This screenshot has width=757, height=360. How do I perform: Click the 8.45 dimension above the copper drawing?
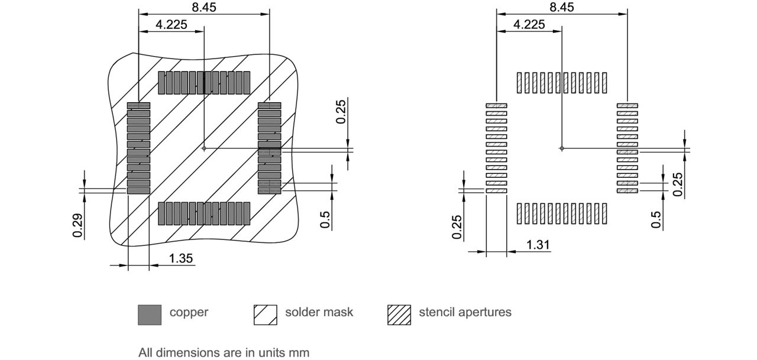point(203,7)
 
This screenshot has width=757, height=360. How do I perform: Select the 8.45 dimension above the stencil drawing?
point(561,7)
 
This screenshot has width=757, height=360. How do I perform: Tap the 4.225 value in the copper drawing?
point(171,24)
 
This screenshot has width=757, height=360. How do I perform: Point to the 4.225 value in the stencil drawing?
point(529,24)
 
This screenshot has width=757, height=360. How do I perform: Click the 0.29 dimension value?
point(77,225)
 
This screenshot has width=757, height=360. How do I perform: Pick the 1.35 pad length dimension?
point(181,258)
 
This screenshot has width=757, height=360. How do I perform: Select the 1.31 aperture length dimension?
point(538,244)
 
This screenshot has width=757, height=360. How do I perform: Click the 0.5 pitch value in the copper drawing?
point(325,217)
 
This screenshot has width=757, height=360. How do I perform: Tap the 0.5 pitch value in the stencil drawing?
point(656,219)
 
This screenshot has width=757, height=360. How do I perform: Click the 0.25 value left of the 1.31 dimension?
point(457,227)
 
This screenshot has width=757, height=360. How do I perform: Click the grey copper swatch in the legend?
point(149,314)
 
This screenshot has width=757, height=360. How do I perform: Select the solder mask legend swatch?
point(265,314)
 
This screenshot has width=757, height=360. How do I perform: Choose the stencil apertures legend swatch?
point(399,314)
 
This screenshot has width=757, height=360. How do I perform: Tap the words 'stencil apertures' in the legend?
point(465,312)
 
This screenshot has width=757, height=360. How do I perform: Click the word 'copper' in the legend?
point(189,312)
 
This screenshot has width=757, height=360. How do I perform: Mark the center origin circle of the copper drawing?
point(204,148)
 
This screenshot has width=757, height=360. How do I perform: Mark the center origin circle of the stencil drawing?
point(562,148)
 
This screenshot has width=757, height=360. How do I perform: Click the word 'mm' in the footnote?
point(299,353)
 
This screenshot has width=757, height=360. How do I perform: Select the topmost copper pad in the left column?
point(138,106)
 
